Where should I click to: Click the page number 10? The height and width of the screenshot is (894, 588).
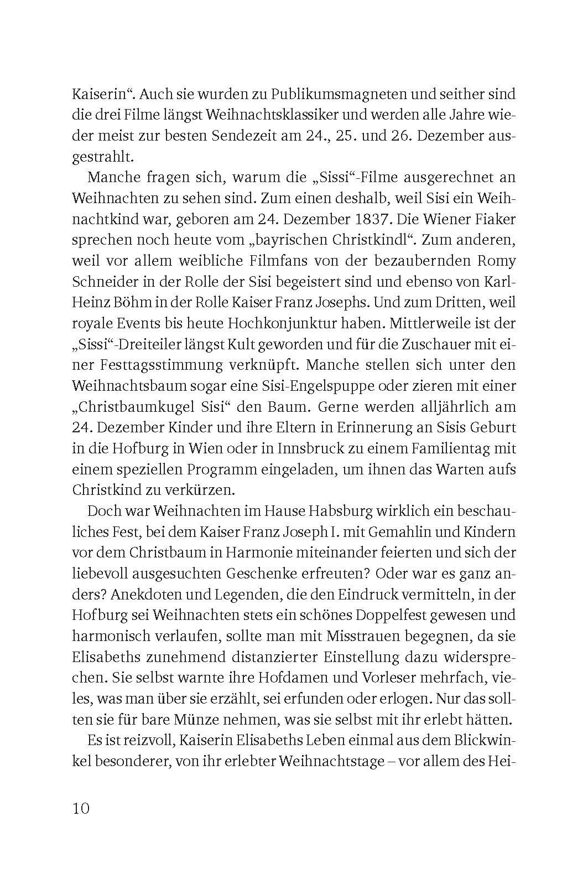[80, 808]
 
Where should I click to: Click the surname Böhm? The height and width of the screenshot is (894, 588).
[125, 302]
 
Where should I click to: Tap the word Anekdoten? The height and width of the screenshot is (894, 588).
[150, 595]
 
